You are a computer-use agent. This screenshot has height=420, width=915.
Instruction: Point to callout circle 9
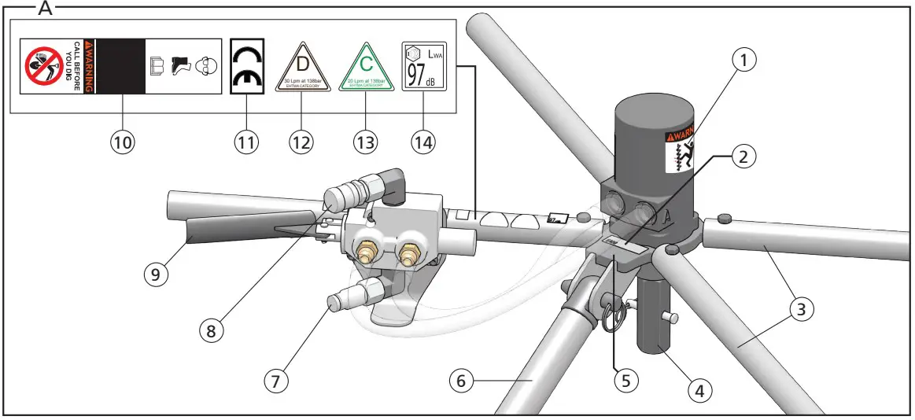[x=156, y=274]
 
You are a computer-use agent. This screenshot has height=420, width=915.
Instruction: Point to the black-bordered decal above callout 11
[x=247, y=67]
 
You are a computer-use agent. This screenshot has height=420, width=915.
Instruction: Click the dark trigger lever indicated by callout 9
[x=213, y=234]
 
